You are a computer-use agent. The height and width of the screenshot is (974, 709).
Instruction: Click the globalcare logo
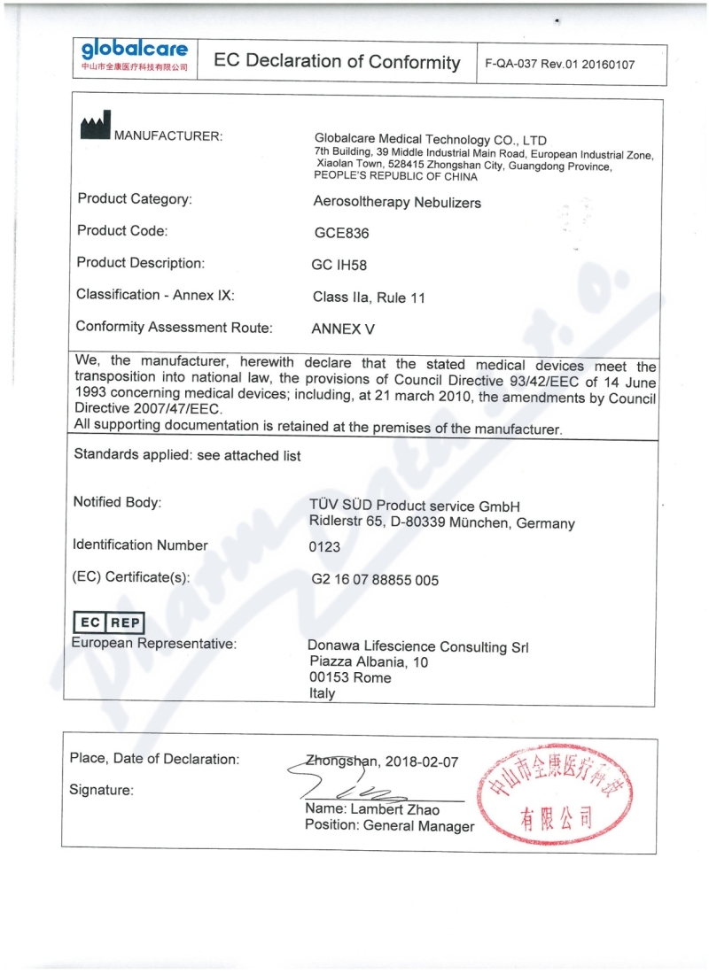click(135, 55)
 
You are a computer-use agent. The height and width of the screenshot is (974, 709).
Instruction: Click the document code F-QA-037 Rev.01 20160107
click(560, 65)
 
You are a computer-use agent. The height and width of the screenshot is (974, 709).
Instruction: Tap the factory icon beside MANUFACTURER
click(94, 128)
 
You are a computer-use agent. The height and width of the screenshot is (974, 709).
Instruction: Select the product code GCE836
click(341, 234)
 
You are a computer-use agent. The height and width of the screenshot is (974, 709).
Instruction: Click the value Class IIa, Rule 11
click(369, 298)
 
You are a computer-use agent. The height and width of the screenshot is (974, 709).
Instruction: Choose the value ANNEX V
click(343, 329)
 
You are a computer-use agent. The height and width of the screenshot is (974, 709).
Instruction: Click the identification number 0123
click(324, 547)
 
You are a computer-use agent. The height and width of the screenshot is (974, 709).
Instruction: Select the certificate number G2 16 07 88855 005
click(375, 580)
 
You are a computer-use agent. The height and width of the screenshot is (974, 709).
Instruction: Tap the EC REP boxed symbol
click(107, 622)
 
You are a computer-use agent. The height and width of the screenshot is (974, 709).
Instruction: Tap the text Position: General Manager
click(389, 826)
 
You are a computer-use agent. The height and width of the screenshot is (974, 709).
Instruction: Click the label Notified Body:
click(117, 502)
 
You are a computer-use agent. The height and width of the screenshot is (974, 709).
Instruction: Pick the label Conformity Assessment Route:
click(174, 327)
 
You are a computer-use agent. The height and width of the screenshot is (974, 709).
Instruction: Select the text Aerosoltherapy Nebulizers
click(397, 202)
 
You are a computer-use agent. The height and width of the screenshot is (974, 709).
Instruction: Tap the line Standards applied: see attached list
click(187, 455)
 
